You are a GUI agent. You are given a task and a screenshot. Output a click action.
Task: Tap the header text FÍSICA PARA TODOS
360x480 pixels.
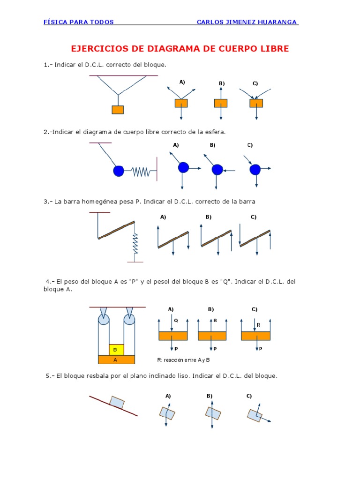(78, 22)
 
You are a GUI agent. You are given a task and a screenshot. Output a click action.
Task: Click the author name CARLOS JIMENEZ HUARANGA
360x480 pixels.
(247, 22)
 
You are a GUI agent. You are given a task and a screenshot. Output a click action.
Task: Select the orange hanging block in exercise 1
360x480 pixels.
(118, 110)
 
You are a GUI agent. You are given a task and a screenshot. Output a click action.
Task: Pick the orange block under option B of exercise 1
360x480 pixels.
(221, 103)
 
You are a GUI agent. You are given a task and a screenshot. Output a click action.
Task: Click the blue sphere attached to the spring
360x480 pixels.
(119, 171)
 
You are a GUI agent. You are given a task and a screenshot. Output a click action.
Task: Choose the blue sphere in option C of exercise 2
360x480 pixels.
(255, 169)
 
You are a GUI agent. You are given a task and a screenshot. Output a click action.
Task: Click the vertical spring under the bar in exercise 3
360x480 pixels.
(135, 243)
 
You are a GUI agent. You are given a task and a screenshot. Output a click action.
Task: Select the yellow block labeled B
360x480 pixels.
(116, 350)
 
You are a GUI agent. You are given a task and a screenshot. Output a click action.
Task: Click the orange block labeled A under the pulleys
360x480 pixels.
(116, 360)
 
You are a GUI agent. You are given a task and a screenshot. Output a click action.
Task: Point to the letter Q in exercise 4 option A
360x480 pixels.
(176, 321)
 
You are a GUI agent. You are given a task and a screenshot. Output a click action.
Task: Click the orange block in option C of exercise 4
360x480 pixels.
(255, 336)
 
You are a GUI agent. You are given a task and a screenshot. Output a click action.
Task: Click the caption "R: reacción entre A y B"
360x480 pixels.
(183, 360)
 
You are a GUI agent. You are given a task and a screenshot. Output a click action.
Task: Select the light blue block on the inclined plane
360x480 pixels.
(117, 402)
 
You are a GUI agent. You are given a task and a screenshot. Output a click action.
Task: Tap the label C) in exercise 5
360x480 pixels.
(249, 396)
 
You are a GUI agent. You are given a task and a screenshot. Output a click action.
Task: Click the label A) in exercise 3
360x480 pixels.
(163, 217)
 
